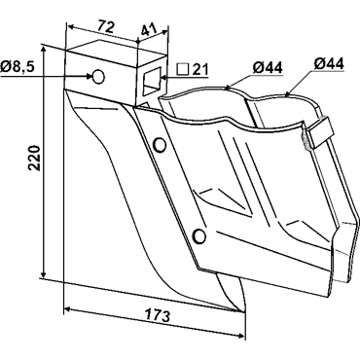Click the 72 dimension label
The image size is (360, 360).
[106, 27]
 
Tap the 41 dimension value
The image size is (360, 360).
[149, 30]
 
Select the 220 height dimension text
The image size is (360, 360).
[34, 159]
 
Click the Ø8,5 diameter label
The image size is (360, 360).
[18, 67]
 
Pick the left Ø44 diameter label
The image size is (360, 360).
[268, 68]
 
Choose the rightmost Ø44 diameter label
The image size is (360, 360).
[329, 63]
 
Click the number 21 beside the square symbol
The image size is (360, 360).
[199, 69]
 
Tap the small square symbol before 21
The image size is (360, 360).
[183, 69]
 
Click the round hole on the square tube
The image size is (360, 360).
[98, 77]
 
